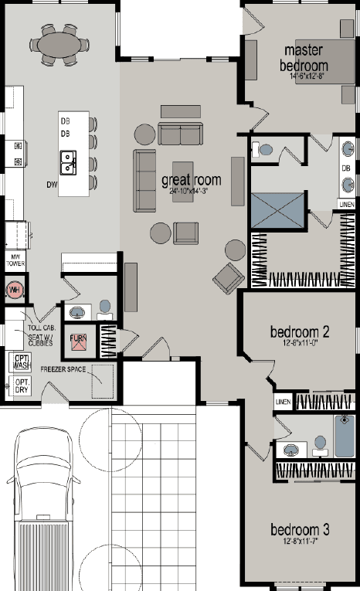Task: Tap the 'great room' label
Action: coord(191,182)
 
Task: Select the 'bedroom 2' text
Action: coord(300,333)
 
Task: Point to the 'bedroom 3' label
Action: coord(300,531)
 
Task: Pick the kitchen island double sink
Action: coord(70,162)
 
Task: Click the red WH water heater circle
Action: coord(14,290)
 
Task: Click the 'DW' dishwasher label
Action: coord(52,185)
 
